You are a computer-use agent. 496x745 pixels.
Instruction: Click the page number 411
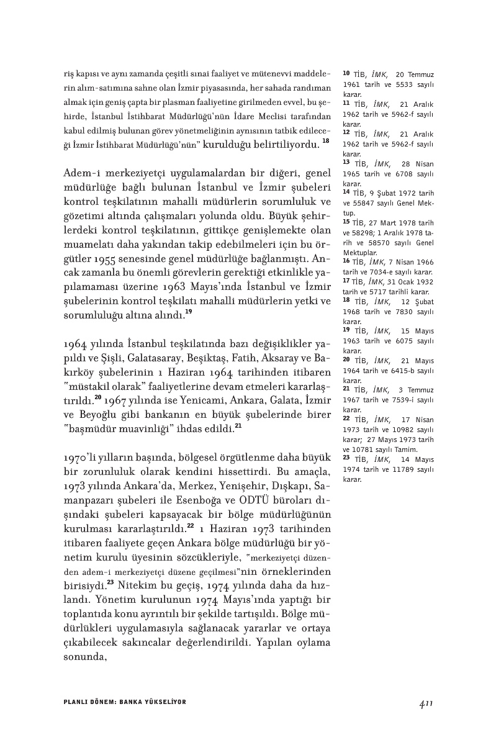click(x=425, y=702)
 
